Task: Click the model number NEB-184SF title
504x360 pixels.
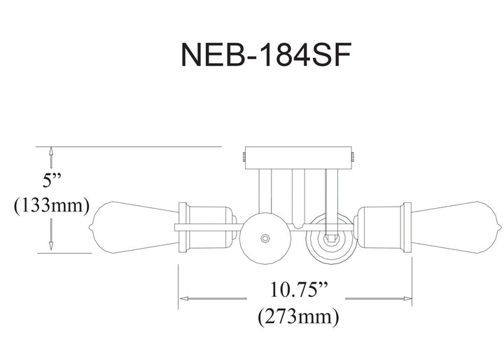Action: click(x=266, y=54)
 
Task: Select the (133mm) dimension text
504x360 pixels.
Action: click(x=51, y=205)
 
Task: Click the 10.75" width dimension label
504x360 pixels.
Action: click(x=297, y=289)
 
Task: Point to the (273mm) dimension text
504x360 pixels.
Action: click(x=298, y=317)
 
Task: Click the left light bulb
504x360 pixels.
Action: click(x=134, y=228)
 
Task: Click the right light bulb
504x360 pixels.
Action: click(x=456, y=228)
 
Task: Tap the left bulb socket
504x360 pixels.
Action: click(x=207, y=228)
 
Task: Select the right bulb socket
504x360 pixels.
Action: click(x=382, y=228)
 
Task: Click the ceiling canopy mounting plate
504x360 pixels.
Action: click(x=299, y=158)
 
